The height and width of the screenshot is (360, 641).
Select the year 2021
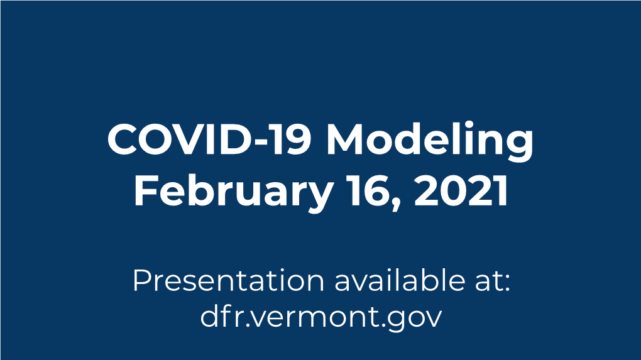[461, 190]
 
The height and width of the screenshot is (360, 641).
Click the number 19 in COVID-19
[292, 139]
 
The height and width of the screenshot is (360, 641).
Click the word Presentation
[228, 281]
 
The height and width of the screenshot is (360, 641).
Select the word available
[400, 280]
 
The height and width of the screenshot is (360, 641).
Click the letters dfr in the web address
[223, 315]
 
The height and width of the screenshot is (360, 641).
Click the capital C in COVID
[123, 139]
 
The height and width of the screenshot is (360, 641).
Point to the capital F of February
[145, 190]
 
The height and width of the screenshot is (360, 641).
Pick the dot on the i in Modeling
[468, 124]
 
